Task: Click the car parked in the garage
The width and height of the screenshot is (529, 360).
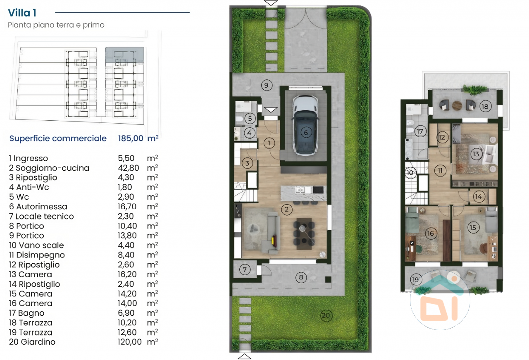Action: (x=305, y=125)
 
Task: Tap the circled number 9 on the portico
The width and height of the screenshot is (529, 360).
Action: (x=267, y=85)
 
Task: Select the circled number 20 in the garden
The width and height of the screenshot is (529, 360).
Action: (x=326, y=315)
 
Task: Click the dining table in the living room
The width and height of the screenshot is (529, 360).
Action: (x=304, y=234)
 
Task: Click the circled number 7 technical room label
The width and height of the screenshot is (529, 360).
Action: (x=245, y=269)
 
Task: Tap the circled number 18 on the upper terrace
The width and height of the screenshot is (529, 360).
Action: (x=485, y=106)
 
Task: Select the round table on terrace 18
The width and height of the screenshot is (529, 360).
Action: (x=457, y=105)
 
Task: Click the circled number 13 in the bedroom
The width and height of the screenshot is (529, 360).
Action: (x=476, y=154)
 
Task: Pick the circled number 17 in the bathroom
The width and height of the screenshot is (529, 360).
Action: (x=420, y=131)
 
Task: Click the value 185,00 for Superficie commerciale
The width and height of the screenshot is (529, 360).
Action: (x=131, y=138)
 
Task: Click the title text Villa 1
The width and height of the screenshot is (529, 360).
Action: (x=22, y=13)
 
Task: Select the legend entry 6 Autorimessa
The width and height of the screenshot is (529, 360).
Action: (x=38, y=207)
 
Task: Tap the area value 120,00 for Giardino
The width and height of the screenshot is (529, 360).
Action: (x=130, y=342)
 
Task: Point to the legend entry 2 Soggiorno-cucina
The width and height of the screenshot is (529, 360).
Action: (x=49, y=168)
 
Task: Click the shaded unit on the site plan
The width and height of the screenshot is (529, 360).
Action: (x=125, y=55)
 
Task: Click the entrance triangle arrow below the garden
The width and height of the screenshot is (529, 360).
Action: (x=244, y=356)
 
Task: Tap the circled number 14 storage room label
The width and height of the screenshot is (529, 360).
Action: (x=479, y=197)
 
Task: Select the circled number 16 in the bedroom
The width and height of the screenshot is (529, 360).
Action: (x=431, y=234)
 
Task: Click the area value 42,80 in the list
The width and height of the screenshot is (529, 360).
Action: (x=129, y=168)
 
